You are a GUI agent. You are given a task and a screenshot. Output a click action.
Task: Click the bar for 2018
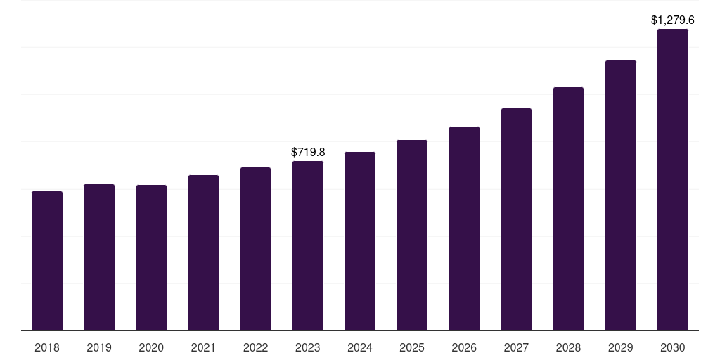[47, 261]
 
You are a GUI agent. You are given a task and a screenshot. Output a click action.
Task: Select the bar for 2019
[99, 257]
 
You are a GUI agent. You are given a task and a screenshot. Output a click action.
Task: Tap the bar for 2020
[151, 258]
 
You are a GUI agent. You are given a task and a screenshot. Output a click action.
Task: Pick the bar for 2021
[203, 253]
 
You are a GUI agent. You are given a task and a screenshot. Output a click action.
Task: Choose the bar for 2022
[255, 249]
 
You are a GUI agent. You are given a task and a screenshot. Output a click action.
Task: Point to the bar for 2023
[308, 246]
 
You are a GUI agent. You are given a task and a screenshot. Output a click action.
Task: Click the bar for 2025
[412, 236]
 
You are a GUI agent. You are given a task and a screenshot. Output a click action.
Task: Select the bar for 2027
[516, 219]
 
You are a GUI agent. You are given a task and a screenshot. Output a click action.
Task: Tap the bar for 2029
[621, 195]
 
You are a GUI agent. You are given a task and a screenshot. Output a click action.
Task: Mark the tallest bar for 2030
[673, 180]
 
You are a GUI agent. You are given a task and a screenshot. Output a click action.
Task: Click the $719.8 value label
[308, 152]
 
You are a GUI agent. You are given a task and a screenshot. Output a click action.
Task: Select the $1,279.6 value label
[673, 20]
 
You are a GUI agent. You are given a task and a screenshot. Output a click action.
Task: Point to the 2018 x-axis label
[47, 347]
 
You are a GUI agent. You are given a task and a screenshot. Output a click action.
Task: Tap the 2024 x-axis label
[360, 347]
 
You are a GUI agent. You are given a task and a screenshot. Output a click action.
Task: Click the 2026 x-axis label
[464, 347]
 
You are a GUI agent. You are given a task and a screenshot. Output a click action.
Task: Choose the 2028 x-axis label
[568, 347]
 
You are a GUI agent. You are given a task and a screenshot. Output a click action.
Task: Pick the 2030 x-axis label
[673, 347]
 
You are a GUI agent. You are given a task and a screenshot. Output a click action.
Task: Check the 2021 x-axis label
[203, 347]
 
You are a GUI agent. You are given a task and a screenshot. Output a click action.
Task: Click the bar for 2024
[360, 241]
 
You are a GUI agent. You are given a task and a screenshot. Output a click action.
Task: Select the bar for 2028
[568, 209]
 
